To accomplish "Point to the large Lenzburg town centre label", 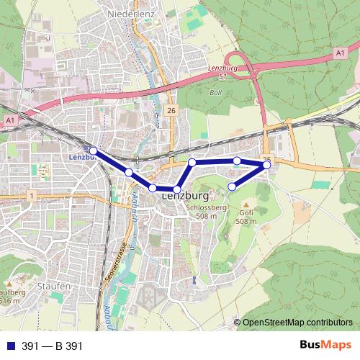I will point(185,195).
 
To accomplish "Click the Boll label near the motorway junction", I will point(215,92).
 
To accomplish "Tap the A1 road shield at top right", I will point(340,53).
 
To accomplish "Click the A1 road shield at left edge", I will point(9,120).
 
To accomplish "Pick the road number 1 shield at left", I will point(32,195).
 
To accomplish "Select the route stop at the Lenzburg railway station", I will point(93,150).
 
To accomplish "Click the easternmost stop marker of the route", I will point(267,165).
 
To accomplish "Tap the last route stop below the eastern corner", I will point(232,187).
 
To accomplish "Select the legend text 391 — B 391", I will point(53,346).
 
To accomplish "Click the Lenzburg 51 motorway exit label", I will point(218,71).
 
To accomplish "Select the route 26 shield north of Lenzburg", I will point(171,109).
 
